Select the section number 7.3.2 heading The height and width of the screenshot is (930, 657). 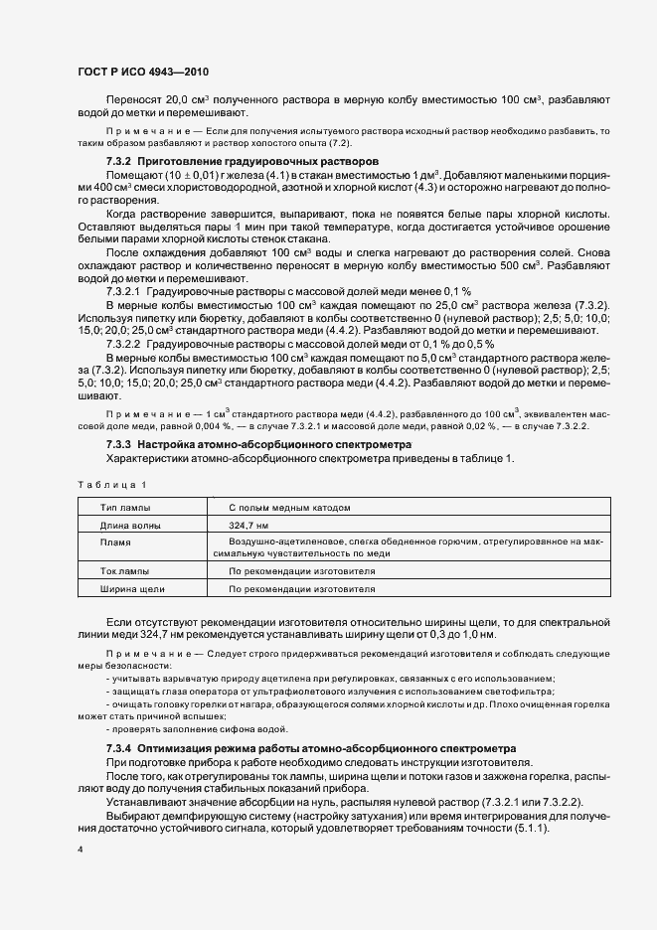pyautogui.click(x=118, y=160)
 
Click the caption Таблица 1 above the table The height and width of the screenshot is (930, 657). pyautogui.click(x=110, y=484)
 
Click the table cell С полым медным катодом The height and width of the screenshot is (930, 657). pyautogui.click(x=289, y=507)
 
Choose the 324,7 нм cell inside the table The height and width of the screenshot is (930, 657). pyautogui.click(x=248, y=524)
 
